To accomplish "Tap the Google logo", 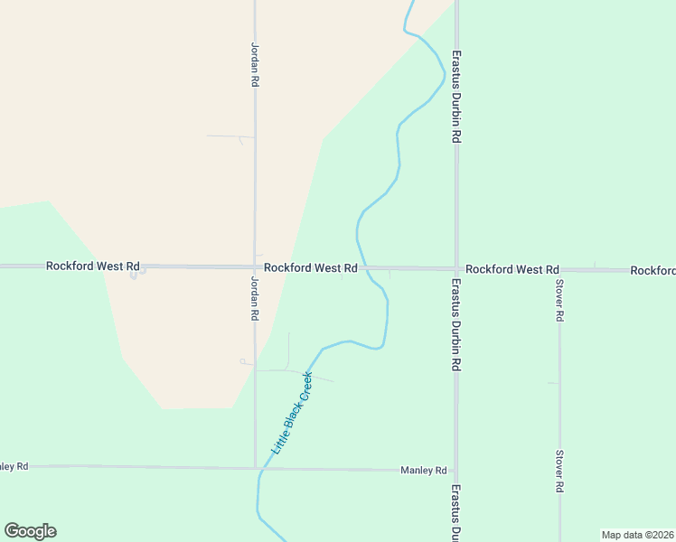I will coord(30,531).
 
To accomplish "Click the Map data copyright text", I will coord(637,534).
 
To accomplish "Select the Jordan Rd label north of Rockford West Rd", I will coord(255,63).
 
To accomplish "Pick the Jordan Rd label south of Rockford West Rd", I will coord(255,298).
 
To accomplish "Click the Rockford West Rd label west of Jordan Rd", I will coord(94,266).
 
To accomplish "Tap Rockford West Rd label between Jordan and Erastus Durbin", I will coord(311,268).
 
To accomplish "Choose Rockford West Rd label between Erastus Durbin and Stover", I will coord(512,269).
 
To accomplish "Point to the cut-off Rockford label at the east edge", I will coord(653,270).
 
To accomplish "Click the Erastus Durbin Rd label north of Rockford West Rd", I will coord(457,96).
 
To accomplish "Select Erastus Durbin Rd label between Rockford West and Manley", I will coord(457,325).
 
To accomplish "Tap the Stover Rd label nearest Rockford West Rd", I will coord(560,301).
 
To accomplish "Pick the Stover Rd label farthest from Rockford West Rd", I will coord(560,471).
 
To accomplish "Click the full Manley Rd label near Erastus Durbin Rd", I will coord(424,471).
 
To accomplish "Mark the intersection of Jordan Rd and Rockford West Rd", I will coord(255,267).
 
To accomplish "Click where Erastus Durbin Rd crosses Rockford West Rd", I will coord(456,268).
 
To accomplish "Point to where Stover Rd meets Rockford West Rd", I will coord(560,270).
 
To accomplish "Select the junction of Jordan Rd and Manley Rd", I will coord(255,468).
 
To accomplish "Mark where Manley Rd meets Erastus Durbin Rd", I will coord(456,470).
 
